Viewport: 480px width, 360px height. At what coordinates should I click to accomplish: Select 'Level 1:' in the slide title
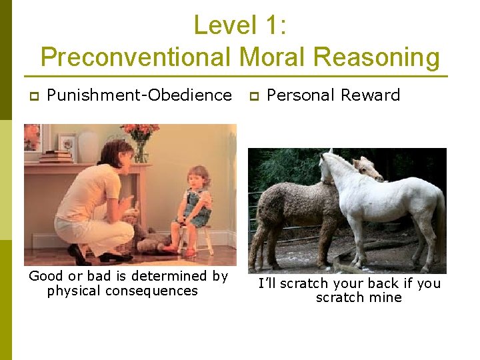pyautogui.click(x=240, y=25)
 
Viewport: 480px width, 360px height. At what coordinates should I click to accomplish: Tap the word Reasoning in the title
pyautogui.click(x=376, y=57)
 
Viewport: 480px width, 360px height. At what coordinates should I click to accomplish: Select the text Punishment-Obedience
pyautogui.click(x=139, y=95)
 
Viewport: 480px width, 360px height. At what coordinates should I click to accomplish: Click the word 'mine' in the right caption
pyautogui.click(x=387, y=297)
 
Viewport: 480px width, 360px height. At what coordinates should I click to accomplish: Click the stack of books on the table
pyautogui.click(x=56, y=157)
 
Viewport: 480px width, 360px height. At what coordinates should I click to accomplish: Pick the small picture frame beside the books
pyautogui.click(x=67, y=143)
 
